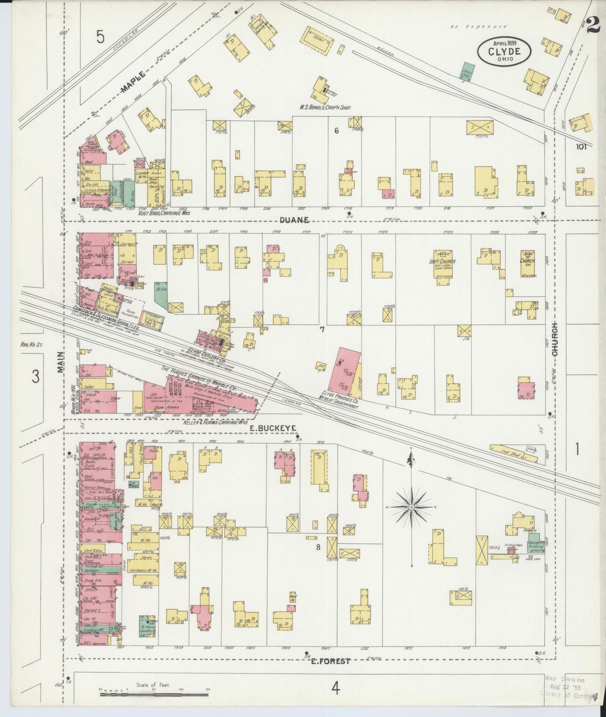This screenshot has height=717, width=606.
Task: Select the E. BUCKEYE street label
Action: (274, 428)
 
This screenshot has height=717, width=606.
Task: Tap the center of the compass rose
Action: (412, 507)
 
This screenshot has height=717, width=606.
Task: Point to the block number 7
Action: (322, 330)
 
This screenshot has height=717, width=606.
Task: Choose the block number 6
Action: (336, 131)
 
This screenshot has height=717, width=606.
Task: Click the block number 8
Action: (318, 547)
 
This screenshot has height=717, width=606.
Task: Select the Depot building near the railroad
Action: (319, 36)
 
